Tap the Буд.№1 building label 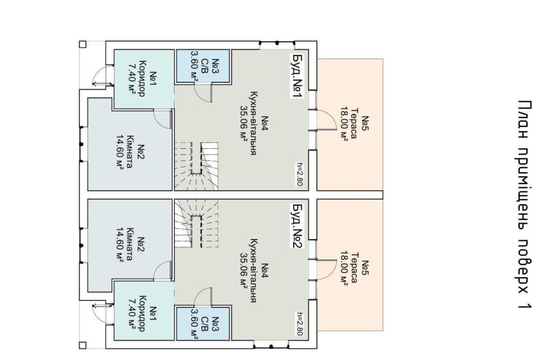[297, 76]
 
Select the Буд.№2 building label [297, 226]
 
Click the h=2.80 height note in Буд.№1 [300, 174]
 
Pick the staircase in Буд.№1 [196, 161]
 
